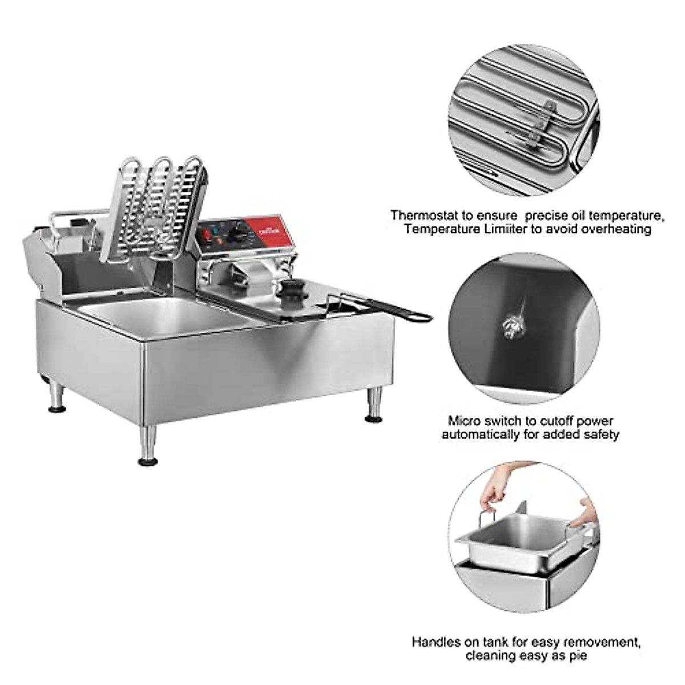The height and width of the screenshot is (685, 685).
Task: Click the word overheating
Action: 617,229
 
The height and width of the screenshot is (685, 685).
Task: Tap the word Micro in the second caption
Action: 463,421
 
